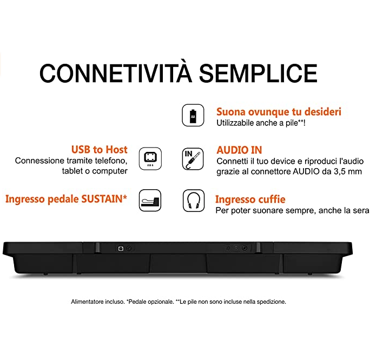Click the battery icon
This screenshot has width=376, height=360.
[193, 115]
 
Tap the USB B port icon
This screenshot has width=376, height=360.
[150, 158]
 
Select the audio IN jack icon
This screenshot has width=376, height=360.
[193, 159]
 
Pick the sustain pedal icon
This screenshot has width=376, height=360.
[150, 201]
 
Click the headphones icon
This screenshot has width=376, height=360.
[194, 201]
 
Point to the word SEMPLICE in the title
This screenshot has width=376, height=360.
[258, 73]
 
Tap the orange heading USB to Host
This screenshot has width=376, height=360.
[100, 150]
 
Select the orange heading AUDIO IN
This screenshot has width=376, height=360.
[239, 150]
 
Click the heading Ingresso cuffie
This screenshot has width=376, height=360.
[250, 199]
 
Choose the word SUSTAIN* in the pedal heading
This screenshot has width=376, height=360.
[104, 199]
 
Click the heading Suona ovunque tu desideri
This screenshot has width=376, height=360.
[279, 112]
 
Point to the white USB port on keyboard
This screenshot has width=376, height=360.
[121, 249]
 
